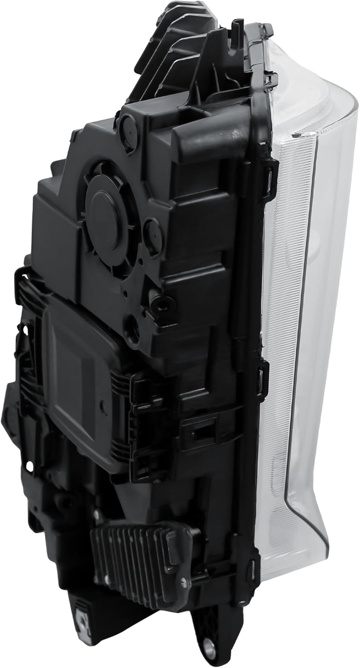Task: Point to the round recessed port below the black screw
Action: (x=133, y=329)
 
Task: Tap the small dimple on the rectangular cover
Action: (x=103, y=408)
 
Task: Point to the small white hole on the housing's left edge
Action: (x=29, y=466)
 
